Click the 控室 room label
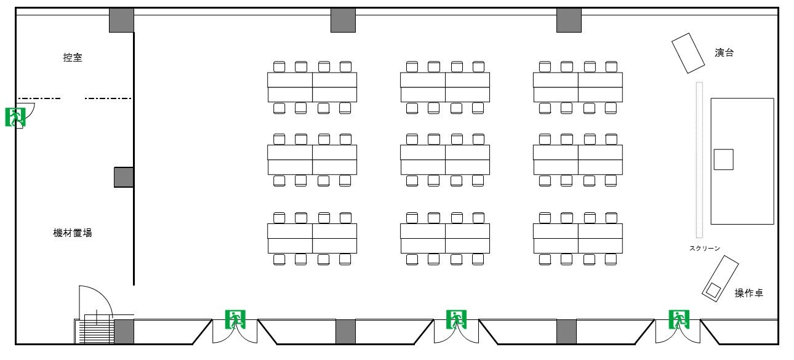pyautogui.click(x=73, y=57)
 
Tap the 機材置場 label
pyautogui.click(x=73, y=233)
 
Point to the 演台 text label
pyautogui.click(x=724, y=53)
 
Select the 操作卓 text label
pyautogui.click(x=748, y=293)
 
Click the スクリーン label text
pyautogui.click(x=705, y=249)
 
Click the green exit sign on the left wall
pyautogui.click(x=15, y=118)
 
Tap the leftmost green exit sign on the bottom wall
pyautogui.click(x=235, y=319)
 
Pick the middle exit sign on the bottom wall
pyautogui.click(x=456, y=319)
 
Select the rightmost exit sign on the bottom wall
pyautogui.click(x=679, y=319)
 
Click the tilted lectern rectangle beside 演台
pyautogui.click(x=688, y=53)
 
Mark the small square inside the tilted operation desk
pyautogui.click(x=713, y=290)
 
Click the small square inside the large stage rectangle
pyautogui.click(x=723, y=159)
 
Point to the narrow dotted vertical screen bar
pyautogui.click(x=699, y=160)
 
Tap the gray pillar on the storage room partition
pyautogui.click(x=124, y=177)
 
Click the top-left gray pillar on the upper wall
pyautogui.click(x=121, y=20)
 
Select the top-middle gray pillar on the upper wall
pyautogui.click(x=343, y=20)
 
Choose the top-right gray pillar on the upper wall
pyautogui.click(x=569, y=20)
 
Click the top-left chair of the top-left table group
pyautogui.click(x=279, y=66)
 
